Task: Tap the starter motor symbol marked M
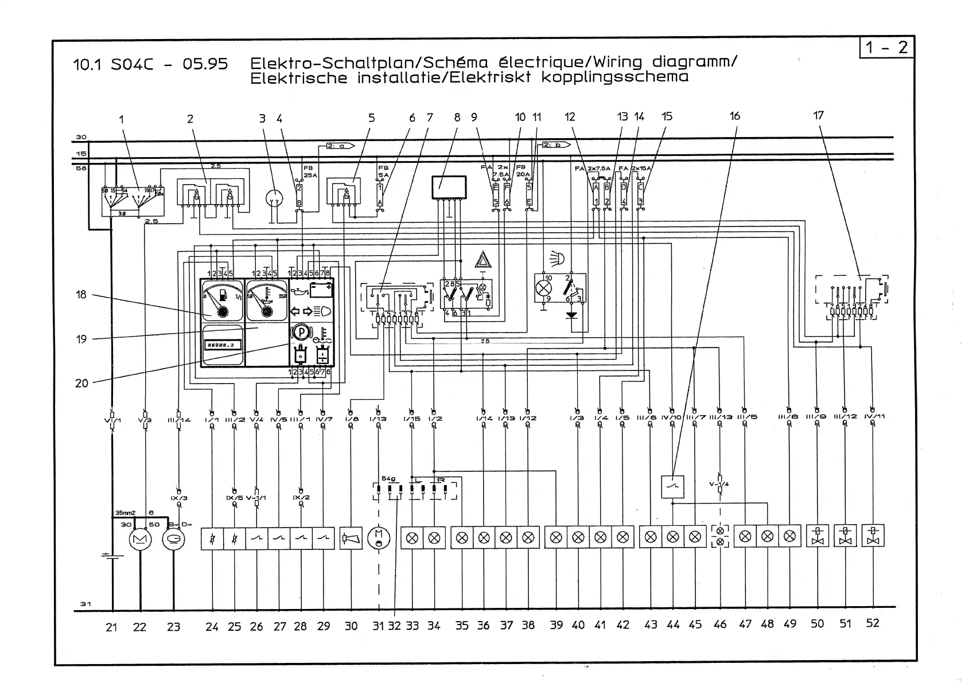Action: pos(140,539)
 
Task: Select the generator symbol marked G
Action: pos(173,539)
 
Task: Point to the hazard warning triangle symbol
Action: pos(482,261)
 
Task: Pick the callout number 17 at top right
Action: pos(818,115)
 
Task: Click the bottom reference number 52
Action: pos(872,623)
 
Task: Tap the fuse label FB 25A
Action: pos(309,171)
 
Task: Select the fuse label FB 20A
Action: pos(523,170)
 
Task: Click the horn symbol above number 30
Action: pos(351,538)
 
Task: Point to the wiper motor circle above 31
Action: pos(378,538)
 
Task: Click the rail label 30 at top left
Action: pos(81,137)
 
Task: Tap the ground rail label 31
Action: pos(85,604)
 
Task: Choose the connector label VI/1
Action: pos(112,420)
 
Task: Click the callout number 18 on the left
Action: pos(81,294)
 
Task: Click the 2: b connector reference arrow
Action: pos(554,145)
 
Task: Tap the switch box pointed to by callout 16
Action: pos(672,487)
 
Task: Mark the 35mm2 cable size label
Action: pos(123,513)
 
